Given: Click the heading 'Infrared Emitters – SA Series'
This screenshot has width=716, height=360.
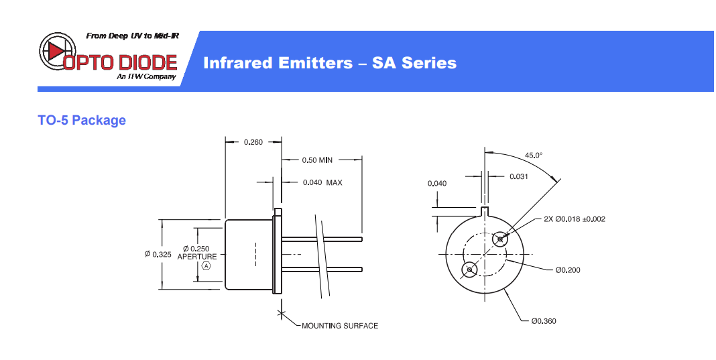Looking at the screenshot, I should [329, 63].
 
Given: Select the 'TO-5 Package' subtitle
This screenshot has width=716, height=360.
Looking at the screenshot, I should [82, 121].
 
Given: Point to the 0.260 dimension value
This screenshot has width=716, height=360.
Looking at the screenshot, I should [253, 141].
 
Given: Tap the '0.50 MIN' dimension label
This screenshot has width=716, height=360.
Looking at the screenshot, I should [317, 160].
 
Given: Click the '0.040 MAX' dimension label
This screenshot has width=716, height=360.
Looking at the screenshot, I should [322, 182].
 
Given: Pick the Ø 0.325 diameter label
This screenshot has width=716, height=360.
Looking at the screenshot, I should [158, 254].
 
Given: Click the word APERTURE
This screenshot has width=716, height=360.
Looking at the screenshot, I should [197, 257].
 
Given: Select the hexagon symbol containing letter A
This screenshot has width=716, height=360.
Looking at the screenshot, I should [206, 266].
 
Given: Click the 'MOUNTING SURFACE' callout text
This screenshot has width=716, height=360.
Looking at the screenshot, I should [340, 326].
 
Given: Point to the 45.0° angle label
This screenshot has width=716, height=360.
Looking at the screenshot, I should [534, 156].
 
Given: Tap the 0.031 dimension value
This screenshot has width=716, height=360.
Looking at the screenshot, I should [519, 176].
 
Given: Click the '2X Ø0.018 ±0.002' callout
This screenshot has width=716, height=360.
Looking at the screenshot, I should [575, 219].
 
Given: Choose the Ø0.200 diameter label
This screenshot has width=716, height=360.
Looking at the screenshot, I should [567, 270].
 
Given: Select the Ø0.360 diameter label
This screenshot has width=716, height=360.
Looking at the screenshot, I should [544, 321].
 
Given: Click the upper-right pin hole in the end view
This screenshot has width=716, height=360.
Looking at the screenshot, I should [499, 239].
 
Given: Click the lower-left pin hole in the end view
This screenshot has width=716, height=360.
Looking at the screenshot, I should [469, 269].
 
